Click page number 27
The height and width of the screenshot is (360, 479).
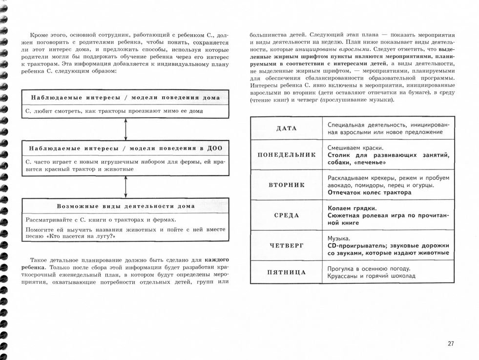click(450, 343)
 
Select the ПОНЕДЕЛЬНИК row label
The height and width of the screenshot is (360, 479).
click(287, 155)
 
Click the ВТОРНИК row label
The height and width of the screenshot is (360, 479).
click(287, 185)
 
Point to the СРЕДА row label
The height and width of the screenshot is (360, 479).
click(287, 215)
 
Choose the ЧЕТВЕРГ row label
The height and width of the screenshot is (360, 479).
click(287, 246)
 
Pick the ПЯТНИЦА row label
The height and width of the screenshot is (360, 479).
click(287, 272)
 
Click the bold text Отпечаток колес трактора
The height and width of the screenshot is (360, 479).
click(370, 192)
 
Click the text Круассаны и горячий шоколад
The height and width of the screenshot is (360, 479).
click(372, 276)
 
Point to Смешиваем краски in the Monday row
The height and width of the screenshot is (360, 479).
click(355, 148)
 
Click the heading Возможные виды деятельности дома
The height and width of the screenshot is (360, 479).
click(126, 206)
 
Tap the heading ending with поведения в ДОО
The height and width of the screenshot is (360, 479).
click(126, 148)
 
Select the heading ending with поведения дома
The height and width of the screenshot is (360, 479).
click(126, 97)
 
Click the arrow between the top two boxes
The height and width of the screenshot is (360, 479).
click(126, 129)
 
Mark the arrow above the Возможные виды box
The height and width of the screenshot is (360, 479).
click(126, 186)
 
